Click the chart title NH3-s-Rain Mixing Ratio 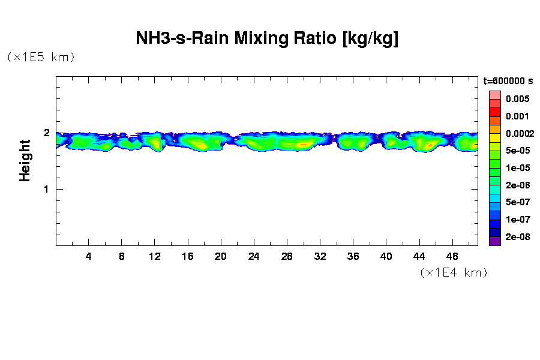[x=268, y=39]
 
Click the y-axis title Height [x=25, y=160]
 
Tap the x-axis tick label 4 [x=89, y=256]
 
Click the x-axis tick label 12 [x=155, y=256]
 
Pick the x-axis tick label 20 [x=221, y=256]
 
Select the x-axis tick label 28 [x=287, y=256]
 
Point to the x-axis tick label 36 [x=353, y=256]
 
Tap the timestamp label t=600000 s [x=508, y=81]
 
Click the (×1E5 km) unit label [x=41, y=58]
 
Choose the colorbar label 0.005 [x=517, y=99]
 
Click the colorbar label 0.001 [x=517, y=116]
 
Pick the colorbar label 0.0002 [x=519, y=133]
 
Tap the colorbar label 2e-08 [x=517, y=237]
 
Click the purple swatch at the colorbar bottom [x=494, y=241]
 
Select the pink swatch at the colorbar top [x=494, y=95]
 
